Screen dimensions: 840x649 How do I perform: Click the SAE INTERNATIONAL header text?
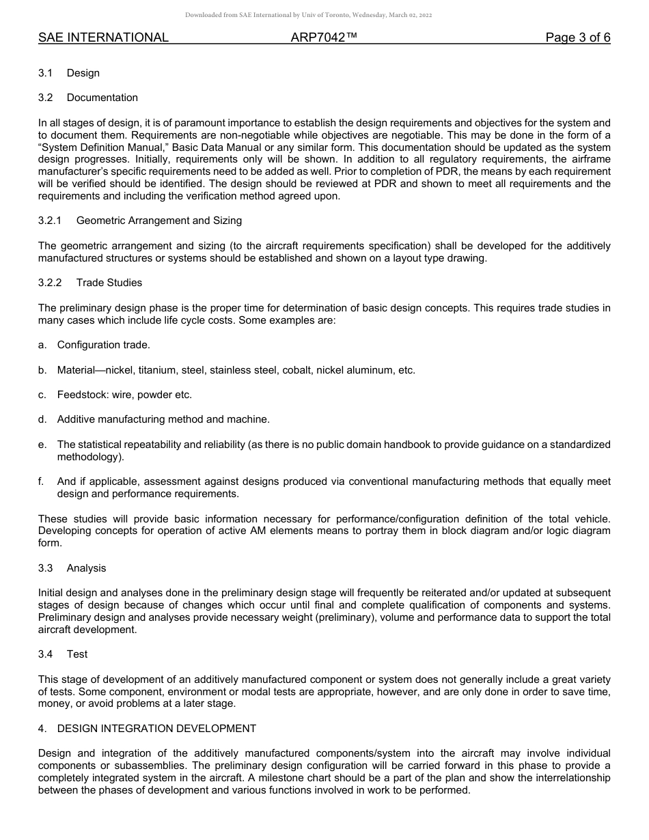(103, 38)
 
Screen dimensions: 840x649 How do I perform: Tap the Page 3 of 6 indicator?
(577, 38)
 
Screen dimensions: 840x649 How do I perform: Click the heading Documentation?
(102, 98)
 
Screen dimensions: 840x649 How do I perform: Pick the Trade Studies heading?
(109, 283)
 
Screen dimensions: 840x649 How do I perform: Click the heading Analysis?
(86, 568)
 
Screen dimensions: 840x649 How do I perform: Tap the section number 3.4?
(45, 654)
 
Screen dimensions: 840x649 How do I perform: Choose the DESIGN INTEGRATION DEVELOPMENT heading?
(156, 729)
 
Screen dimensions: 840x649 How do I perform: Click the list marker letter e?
(42, 445)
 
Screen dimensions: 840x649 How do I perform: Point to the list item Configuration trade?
(103, 345)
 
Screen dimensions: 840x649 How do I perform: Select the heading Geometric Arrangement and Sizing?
(158, 221)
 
